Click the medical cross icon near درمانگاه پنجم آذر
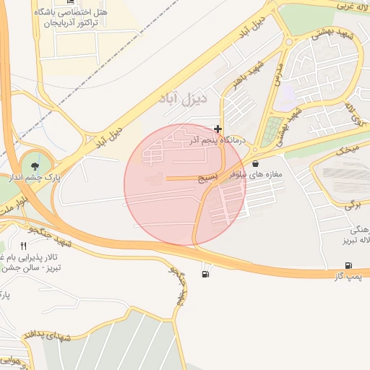coord(218,129)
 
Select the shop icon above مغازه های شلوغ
coord(256,164)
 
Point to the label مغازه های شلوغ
coord(259,175)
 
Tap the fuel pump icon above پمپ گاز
coord(349,266)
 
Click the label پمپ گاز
coord(348,277)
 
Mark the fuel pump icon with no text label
coord(207,274)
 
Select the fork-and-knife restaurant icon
coord(24,246)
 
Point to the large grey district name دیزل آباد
coord(182,97)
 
